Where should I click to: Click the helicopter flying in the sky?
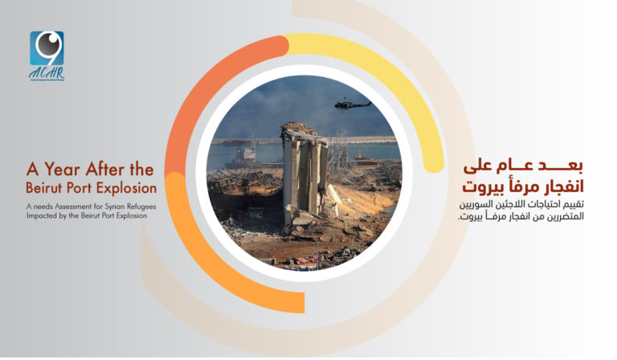[352, 104]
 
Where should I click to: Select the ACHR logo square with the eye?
[46, 49]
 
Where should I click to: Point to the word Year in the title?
[66, 170]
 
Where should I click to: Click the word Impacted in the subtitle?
[44, 215]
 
